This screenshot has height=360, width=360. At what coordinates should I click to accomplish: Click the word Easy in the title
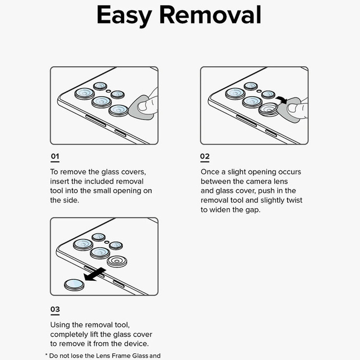(x=124, y=15)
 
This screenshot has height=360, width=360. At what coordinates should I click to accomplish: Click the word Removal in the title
(x=210, y=15)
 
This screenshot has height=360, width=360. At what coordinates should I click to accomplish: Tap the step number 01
(x=55, y=156)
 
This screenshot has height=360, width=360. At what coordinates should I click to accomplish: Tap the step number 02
(x=205, y=156)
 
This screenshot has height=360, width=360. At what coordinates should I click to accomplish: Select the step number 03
(x=55, y=309)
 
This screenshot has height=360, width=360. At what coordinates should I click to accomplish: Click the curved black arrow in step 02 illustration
(x=282, y=100)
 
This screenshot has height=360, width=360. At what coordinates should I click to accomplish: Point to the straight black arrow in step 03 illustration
(x=95, y=274)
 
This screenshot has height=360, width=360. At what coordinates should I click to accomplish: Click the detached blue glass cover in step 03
(x=74, y=285)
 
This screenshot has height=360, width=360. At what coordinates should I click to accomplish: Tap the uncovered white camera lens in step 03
(x=117, y=262)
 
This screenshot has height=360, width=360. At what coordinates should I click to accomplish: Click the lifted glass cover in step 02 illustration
(x=268, y=109)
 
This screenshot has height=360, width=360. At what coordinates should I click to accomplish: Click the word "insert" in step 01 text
(x=60, y=181)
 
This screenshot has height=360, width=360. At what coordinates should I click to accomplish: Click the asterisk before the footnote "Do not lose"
(x=46, y=355)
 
